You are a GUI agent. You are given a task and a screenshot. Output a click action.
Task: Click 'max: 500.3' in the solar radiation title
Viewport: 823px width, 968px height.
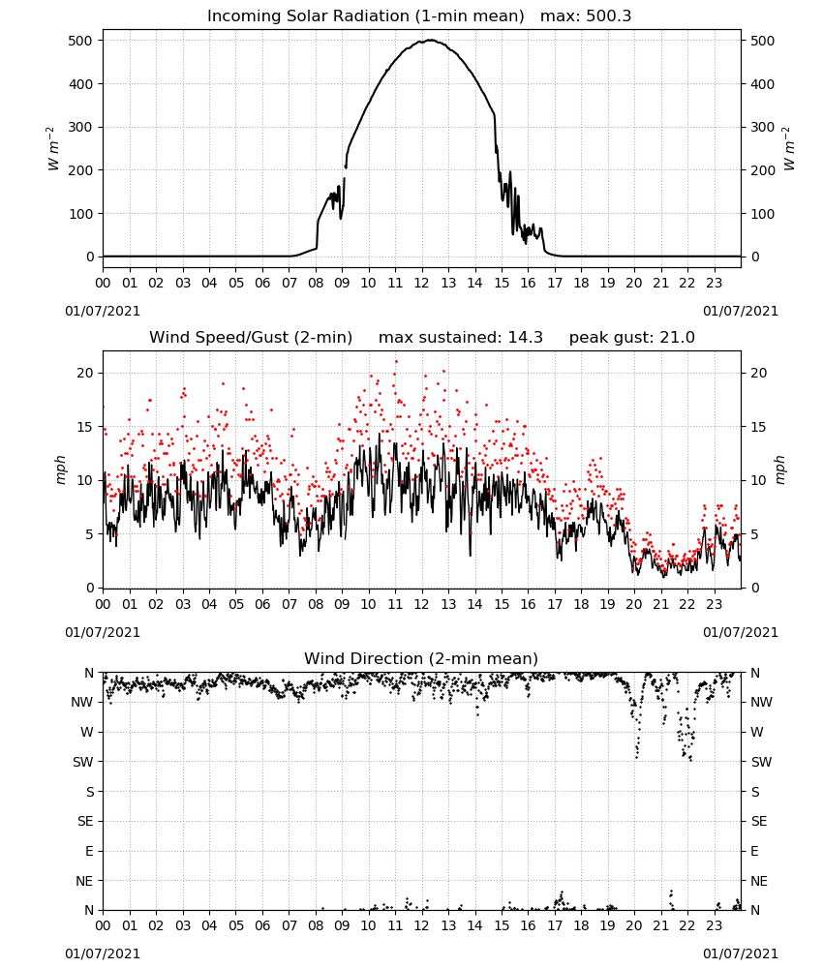point(586,16)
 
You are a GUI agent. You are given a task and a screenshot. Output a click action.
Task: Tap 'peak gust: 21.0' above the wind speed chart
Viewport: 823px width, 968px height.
point(631,338)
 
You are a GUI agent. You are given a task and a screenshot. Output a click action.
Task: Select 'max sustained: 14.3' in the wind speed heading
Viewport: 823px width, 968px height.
point(461,338)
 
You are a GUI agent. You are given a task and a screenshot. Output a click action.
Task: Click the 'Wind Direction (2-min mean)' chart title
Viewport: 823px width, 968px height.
point(421,658)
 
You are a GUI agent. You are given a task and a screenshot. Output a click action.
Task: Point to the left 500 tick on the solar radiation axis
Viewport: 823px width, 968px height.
point(81,41)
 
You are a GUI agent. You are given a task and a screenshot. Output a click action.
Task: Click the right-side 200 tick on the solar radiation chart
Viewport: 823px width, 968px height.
point(762,170)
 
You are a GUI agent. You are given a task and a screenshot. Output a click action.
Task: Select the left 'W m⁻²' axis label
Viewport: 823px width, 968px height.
point(53,149)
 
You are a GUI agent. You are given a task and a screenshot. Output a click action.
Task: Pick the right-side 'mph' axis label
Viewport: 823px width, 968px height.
point(779,469)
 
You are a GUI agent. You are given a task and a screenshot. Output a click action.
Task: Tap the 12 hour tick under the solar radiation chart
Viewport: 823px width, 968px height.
point(422,284)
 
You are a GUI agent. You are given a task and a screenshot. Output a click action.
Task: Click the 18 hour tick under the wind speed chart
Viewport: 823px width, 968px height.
point(581,604)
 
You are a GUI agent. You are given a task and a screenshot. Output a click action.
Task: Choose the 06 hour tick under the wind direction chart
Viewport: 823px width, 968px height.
point(262,925)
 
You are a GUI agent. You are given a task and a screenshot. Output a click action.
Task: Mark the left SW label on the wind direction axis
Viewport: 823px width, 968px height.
point(83,762)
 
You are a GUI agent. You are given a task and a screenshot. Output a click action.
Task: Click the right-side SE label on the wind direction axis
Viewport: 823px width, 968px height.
point(759,821)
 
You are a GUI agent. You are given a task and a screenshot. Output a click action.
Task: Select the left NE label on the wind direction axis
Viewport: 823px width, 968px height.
point(84,881)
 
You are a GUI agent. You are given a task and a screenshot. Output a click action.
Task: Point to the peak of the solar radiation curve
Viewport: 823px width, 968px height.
point(431,40)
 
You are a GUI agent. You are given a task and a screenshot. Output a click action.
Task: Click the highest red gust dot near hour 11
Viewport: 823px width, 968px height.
point(396,362)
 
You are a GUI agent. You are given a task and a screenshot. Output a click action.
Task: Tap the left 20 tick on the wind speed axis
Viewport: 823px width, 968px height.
point(85,373)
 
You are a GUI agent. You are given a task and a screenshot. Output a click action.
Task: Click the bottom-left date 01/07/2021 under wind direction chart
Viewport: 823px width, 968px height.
point(103,953)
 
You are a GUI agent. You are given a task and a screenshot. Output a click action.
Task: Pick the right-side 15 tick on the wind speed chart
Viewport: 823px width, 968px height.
point(758,427)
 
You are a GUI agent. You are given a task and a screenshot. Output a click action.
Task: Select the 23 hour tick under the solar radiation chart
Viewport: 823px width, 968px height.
point(715,284)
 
